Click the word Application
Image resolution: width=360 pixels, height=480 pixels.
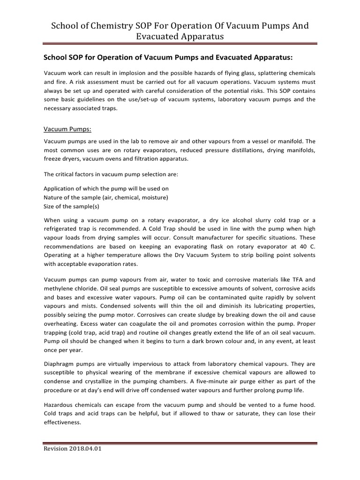[x=60, y=189]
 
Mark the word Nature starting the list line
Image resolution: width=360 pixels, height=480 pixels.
[x=53, y=198]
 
